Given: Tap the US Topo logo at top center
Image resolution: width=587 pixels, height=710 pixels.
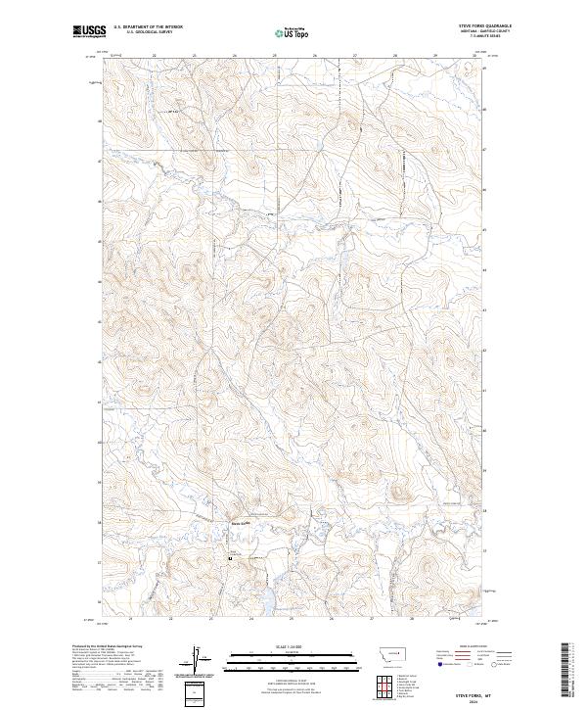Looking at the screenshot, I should (293, 32).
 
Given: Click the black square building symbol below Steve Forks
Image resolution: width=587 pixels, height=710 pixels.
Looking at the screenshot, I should (231, 558).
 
